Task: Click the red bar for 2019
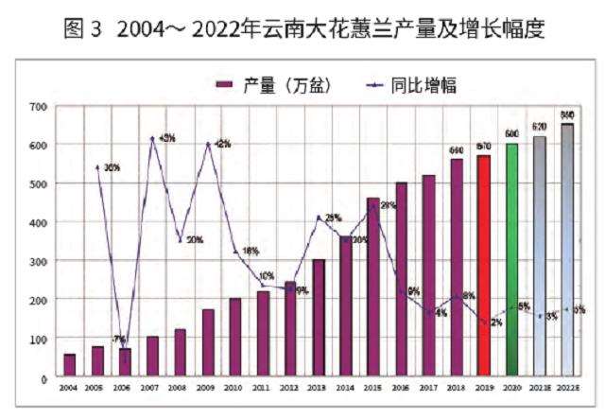point(483,266)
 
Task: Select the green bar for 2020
point(510,260)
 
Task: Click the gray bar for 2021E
point(539,256)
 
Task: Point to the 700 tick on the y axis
point(37,106)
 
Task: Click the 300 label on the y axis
point(37,260)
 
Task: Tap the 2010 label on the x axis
point(234,387)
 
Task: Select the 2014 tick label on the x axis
point(345,387)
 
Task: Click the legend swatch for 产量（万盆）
point(223,85)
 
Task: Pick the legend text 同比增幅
point(423,85)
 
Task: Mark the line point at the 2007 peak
point(152,139)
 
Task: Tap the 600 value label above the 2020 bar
point(510,133)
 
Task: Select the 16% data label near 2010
point(251,251)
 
